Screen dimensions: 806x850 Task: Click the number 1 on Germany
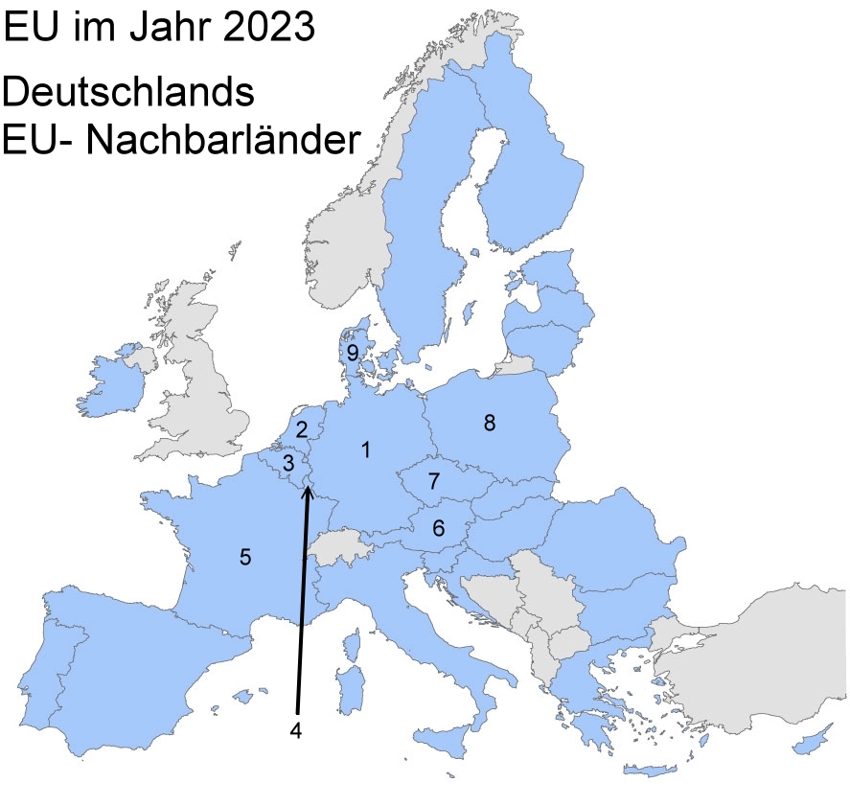(x=364, y=449)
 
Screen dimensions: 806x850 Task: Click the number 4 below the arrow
(x=296, y=729)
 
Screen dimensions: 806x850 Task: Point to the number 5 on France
(x=245, y=556)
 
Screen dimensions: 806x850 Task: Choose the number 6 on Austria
(x=438, y=527)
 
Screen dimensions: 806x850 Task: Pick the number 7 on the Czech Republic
(x=433, y=480)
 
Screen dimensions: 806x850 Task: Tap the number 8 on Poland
(x=489, y=423)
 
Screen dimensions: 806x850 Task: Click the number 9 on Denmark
(x=353, y=353)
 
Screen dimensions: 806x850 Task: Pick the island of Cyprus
(x=818, y=738)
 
